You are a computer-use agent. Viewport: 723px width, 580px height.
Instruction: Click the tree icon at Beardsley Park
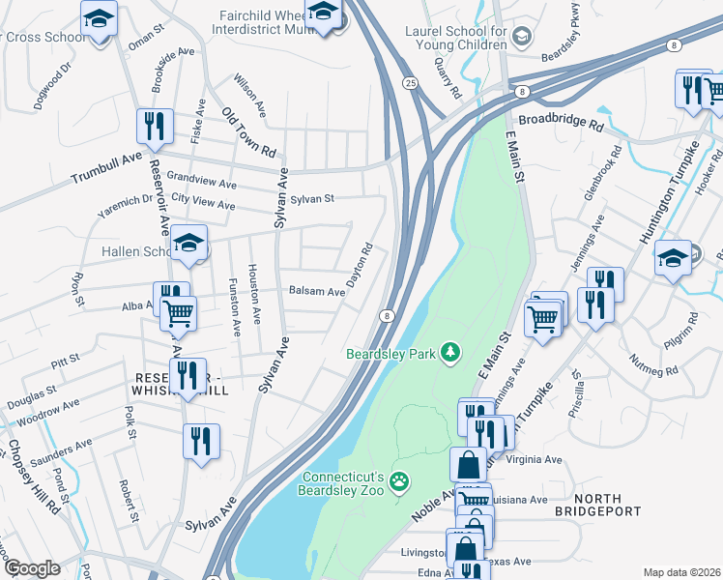coord(449,353)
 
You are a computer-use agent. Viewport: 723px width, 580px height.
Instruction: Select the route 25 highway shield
coord(411,83)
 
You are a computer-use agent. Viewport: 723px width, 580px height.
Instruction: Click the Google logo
coord(32,568)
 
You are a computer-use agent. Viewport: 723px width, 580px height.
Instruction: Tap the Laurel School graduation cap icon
coord(522,37)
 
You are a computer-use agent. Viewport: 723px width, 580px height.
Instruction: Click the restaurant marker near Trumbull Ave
coord(156,126)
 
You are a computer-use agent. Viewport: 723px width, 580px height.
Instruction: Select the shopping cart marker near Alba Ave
coord(178,313)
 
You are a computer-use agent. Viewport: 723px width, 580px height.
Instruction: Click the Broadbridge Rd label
coord(561,124)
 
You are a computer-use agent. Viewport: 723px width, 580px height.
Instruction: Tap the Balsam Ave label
coord(317,291)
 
